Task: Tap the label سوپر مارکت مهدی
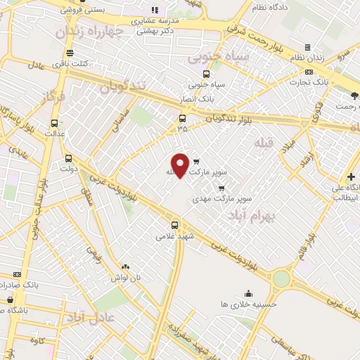tap(218, 199)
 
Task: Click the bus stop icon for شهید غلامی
tap(174, 226)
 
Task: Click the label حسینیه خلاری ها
tap(248, 304)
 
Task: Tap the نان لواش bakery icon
tap(125, 267)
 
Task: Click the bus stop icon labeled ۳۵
tap(182, 118)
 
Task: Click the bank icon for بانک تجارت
tap(308, 72)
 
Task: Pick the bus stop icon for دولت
tap(68, 158)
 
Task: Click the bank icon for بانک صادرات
tap(17, 274)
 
